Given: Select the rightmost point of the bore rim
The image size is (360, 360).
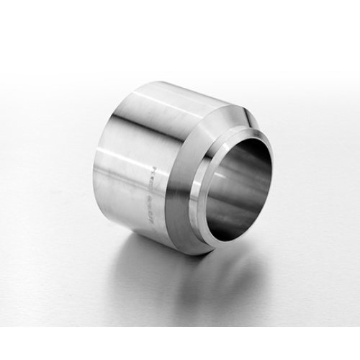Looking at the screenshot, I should point(276,169).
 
